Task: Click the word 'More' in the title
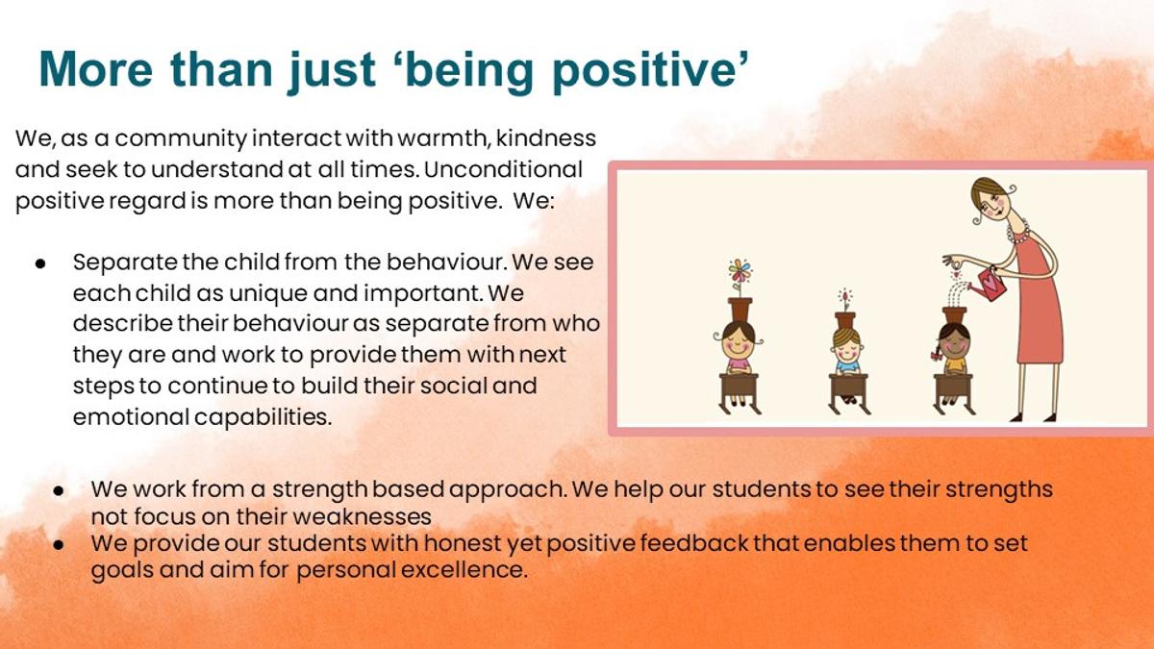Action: [96, 69]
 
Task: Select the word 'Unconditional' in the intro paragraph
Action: [503, 169]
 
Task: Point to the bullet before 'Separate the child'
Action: [40, 263]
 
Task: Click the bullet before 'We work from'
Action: [59, 490]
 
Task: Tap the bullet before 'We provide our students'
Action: [59, 544]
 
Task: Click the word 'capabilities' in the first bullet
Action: [262, 417]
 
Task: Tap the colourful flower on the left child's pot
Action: [740, 271]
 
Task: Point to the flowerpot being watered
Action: [954, 315]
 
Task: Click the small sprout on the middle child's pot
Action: [845, 300]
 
